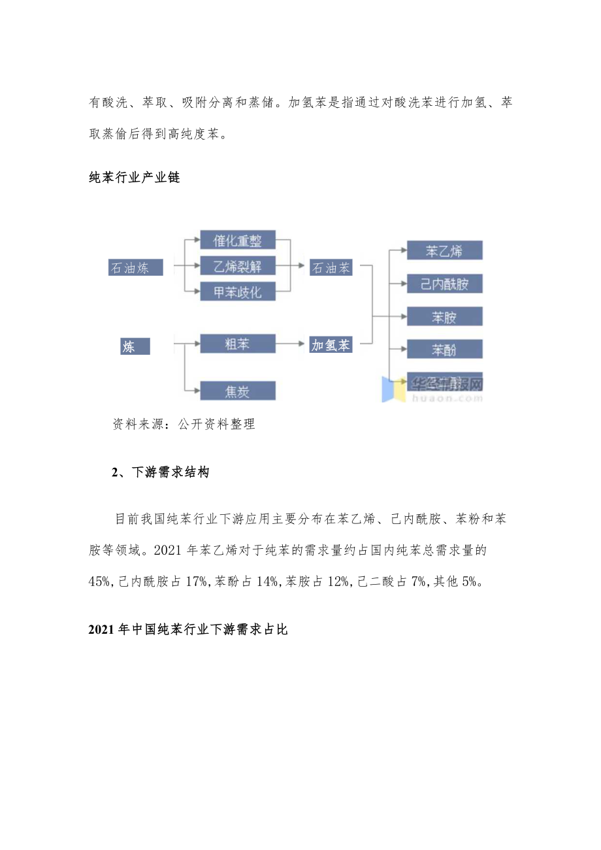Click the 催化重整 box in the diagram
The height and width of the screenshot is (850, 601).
[237, 240]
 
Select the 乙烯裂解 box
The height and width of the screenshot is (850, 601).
[237, 266]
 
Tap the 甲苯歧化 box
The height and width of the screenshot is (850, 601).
[237, 291]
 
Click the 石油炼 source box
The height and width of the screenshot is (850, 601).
[135, 267]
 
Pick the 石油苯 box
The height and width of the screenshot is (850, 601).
[331, 267]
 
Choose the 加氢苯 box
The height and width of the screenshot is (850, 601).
[331, 346]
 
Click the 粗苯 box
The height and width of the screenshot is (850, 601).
[237, 344]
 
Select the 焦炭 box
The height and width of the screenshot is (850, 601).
[237, 391]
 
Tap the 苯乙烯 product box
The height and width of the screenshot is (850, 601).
[444, 250]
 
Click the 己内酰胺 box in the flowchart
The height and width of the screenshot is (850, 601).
[444, 284]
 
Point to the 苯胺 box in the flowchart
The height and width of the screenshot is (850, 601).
[444, 317]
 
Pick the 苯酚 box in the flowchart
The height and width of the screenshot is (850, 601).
[444, 350]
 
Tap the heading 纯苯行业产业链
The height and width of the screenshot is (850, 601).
[134, 177]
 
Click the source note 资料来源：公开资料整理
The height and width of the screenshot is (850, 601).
[184, 424]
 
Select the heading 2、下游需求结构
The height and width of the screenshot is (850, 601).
[160, 472]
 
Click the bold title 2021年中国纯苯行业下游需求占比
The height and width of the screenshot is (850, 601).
[187, 630]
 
